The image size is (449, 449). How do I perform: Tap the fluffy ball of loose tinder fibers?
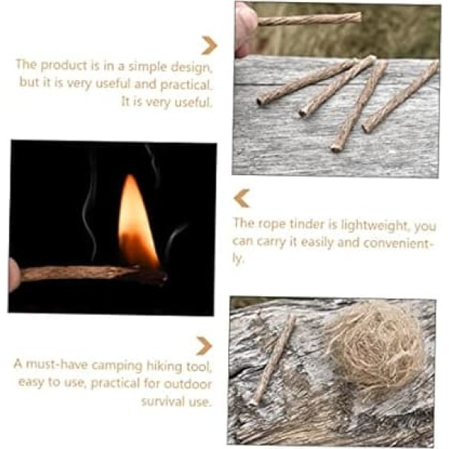pos(375,346)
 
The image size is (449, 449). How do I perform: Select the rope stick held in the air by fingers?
pos(309,19)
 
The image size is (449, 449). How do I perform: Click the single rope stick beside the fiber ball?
pos(273,360)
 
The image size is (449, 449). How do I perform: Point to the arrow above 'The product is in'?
pos(210,45)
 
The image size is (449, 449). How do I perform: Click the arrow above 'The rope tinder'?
pos(242,198)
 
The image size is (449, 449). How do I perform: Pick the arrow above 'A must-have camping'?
pos(204,346)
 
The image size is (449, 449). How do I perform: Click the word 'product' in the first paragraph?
pos(63,66)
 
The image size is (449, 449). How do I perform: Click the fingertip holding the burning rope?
pos(13,275)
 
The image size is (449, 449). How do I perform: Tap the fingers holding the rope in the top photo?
pos(245,28)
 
